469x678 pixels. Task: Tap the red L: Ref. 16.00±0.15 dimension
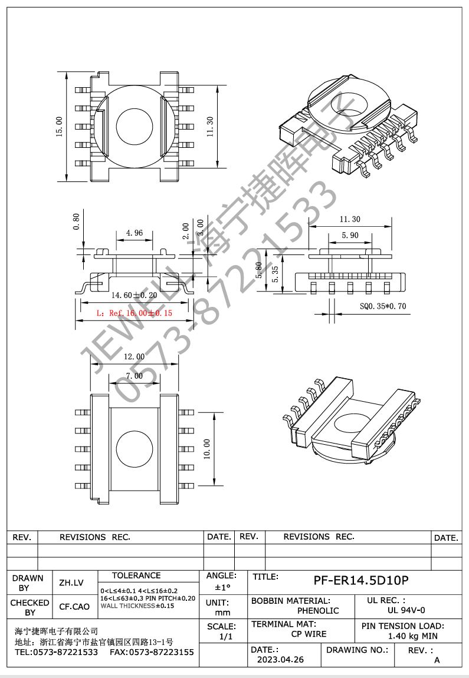[134, 313]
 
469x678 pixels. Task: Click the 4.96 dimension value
[134, 233]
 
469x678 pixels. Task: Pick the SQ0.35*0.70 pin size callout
[382, 306]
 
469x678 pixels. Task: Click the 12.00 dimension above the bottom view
[134, 356]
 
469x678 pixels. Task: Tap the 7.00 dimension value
[134, 375]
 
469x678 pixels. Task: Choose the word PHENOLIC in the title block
[318, 611]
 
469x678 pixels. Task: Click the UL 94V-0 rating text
[406, 611]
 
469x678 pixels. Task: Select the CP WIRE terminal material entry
[309, 634]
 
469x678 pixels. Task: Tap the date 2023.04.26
[280, 660]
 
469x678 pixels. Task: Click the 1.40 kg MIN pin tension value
[412, 636]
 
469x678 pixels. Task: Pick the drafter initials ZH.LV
[71, 583]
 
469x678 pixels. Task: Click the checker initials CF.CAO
[74, 607]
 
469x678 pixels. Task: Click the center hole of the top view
[134, 126]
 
